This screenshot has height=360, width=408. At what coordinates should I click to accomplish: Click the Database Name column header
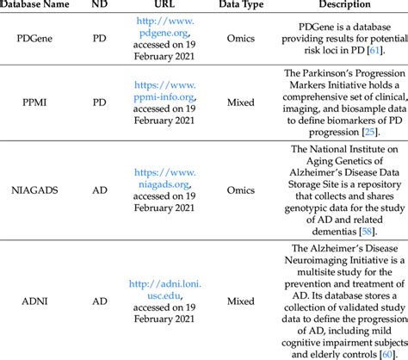[40, 4]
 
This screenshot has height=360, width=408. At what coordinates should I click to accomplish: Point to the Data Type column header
[240, 4]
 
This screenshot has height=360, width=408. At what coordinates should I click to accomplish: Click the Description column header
[342, 4]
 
